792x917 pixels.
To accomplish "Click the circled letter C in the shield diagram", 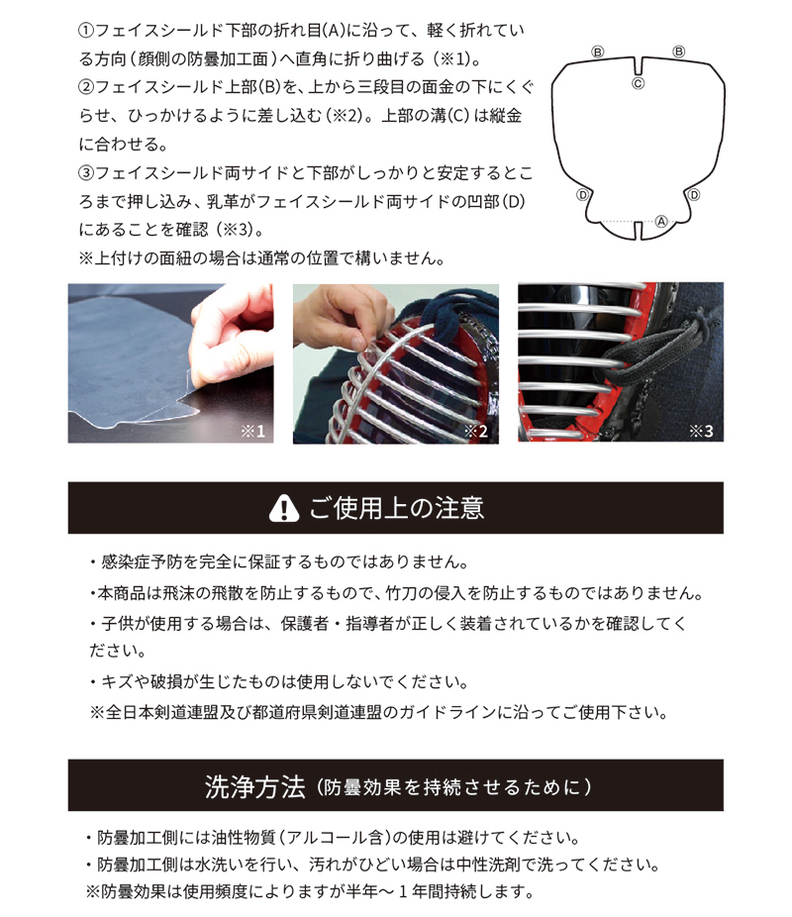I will click(640, 84).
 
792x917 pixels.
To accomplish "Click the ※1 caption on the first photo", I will click(251, 431).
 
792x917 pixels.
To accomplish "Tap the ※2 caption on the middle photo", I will click(475, 431).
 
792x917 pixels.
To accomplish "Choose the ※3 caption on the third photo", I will click(701, 431).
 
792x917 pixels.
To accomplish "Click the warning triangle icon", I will click(284, 508).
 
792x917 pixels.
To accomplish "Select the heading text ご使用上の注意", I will click(396, 508).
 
